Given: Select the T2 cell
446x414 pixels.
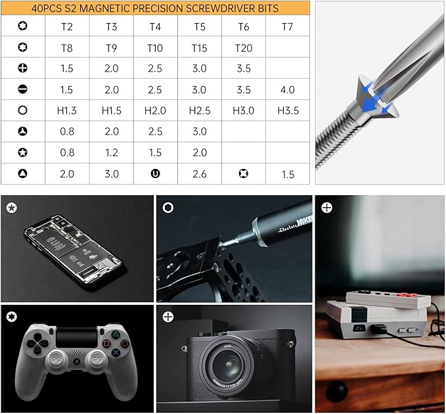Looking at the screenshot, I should pyautogui.click(x=66, y=26).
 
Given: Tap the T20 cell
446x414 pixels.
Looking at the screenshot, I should pyautogui.click(x=243, y=48).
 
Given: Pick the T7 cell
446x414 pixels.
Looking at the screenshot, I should pyautogui.click(x=287, y=26).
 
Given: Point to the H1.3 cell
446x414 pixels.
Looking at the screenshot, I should pyautogui.click(x=66, y=110).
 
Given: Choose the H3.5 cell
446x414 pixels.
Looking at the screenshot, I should pyautogui.click(x=287, y=110).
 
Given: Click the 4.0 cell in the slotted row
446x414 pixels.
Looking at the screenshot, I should pyautogui.click(x=287, y=89).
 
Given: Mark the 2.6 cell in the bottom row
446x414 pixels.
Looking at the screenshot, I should pyautogui.click(x=199, y=173).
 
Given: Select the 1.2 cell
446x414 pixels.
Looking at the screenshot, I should pyautogui.click(x=111, y=152).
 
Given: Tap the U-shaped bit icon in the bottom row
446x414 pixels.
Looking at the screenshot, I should pyautogui.click(x=155, y=173).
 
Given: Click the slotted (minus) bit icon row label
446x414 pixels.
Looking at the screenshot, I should pyautogui.click(x=22, y=89).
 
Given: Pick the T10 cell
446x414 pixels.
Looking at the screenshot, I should pyautogui.click(x=155, y=48).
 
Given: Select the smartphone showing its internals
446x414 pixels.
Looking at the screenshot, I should pyautogui.click(x=73, y=246).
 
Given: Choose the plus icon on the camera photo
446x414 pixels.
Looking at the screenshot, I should pyautogui.click(x=168, y=317).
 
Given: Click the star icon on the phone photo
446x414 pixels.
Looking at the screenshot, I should pyautogui.click(x=11, y=208).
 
